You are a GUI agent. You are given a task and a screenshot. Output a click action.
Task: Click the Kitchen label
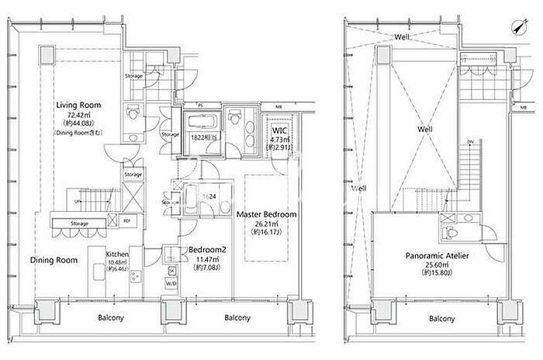(117, 254)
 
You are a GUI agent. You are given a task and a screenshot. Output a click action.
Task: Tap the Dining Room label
(54, 260)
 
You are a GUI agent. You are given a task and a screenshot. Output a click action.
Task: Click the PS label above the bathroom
(200, 102)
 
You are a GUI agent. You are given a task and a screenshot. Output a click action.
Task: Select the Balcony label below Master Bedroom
(237, 318)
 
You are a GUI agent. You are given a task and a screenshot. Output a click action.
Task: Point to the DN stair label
(469, 142)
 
